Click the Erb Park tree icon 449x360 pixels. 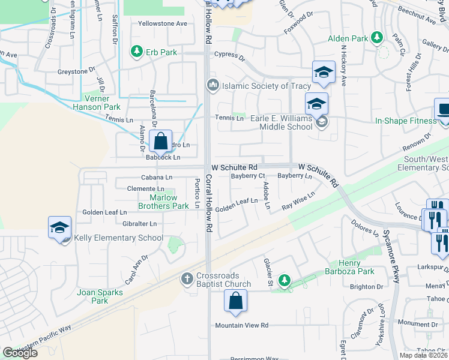pyautogui.click(x=137, y=52)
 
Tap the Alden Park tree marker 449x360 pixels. pyautogui.click(x=378, y=38)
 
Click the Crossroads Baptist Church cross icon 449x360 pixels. pyautogui.click(x=187, y=278)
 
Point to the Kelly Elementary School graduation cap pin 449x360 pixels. pyautogui.click(x=60, y=229)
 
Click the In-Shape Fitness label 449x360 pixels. pyautogui.click(x=406, y=121)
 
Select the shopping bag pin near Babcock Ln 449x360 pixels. pyautogui.click(x=161, y=143)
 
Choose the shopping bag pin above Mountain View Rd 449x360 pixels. pyautogui.click(x=236, y=301)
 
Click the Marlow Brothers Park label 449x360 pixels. pyautogui.click(x=163, y=202)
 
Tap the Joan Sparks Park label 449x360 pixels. pyautogui.click(x=100, y=296)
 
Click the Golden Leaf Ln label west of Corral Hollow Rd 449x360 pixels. pyautogui.click(x=104, y=212)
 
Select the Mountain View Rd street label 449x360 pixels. pyautogui.click(x=241, y=325)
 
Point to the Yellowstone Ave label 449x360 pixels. pyautogui.click(x=163, y=23)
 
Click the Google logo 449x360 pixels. pyautogui.click(x=20, y=353)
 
